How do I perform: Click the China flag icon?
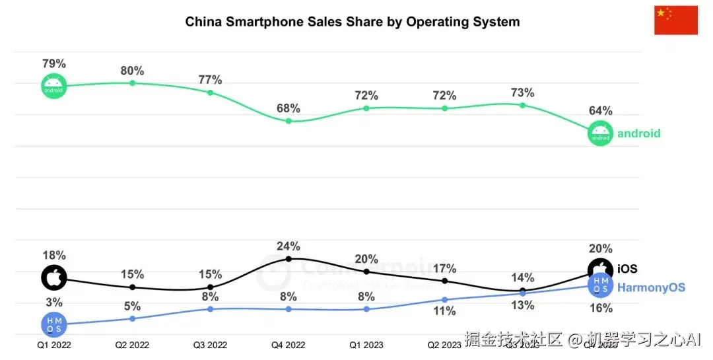(x=675, y=20)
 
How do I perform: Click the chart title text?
(x=352, y=22)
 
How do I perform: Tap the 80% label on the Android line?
(x=132, y=71)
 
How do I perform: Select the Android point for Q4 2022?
(x=289, y=121)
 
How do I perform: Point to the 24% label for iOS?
(x=289, y=246)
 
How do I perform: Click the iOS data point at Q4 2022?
(x=289, y=259)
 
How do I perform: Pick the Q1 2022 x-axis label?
(x=54, y=344)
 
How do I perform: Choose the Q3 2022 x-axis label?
(x=210, y=344)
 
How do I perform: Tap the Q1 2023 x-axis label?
(x=366, y=344)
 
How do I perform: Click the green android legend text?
(x=638, y=133)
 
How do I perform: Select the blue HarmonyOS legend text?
(x=650, y=287)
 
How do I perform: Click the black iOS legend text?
(x=627, y=269)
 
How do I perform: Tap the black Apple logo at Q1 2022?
(x=54, y=278)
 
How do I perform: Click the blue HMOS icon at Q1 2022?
(x=54, y=324)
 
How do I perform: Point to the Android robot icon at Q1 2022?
(x=54, y=87)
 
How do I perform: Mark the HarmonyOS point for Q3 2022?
(x=210, y=308)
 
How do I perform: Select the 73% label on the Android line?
(x=522, y=92)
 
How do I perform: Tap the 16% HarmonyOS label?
(x=601, y=308)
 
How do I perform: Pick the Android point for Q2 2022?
(x=132, y=83)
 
